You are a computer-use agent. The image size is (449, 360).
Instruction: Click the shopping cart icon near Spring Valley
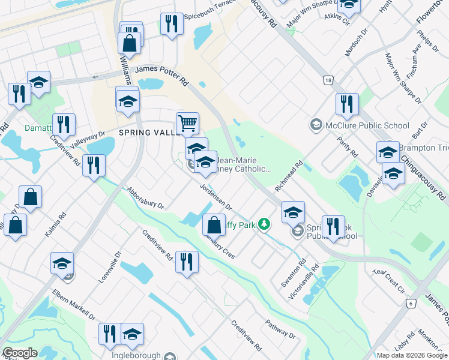(187, 123)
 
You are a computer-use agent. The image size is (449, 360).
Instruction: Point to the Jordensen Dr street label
(215, 197)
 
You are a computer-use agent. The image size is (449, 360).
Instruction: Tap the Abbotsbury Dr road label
(145, 197)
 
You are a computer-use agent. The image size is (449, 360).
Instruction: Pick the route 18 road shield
(327, 80)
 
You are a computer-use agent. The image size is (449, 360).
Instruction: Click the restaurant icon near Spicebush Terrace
(172, 24)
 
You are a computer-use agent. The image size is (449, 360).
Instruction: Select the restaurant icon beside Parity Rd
(348, 104)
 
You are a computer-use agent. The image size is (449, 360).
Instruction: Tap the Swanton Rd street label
(293, 273)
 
